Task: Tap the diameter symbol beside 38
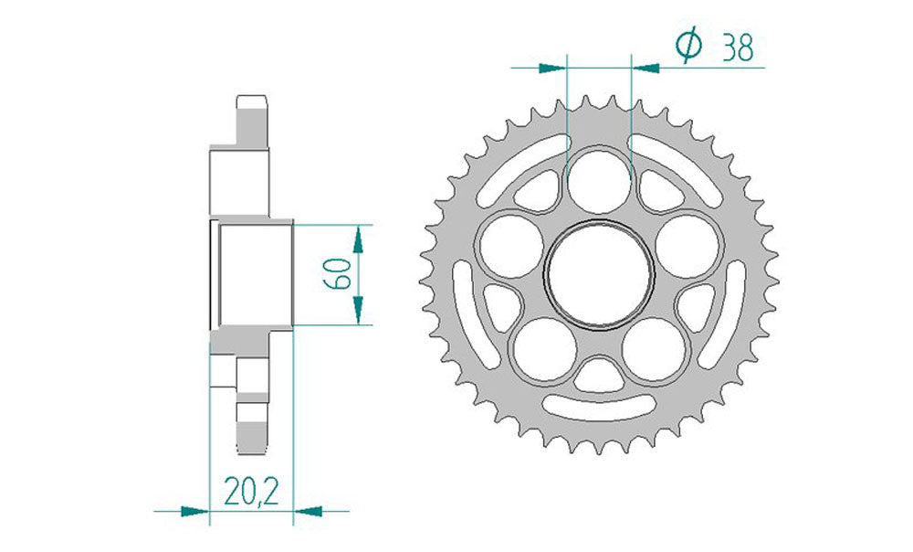point(688,46)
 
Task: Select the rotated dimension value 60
point(337,273)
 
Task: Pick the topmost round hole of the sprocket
point(598,178)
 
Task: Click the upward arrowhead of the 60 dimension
point(360,239)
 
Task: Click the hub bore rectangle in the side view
point(253,273)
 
